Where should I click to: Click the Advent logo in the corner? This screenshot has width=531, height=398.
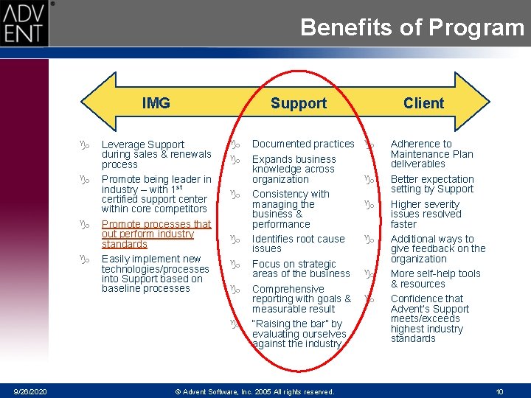point(24,24)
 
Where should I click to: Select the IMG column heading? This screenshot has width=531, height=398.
point(156,103)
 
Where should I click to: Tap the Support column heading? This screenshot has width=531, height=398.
point(298,103)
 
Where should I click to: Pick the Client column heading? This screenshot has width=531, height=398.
point(423,103)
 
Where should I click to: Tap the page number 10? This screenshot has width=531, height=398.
point(499,391)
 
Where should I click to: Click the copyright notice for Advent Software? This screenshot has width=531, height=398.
point(254,391)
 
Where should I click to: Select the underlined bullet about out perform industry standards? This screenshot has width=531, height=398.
point(156,234)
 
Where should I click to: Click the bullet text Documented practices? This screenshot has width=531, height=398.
point(303,144)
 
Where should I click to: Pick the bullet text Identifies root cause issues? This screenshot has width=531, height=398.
point(298,244)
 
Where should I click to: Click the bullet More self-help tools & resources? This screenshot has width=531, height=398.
point(435,279)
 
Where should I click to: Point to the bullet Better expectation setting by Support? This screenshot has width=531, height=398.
point(432,184)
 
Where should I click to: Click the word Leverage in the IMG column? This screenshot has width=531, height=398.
point(122,144)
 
